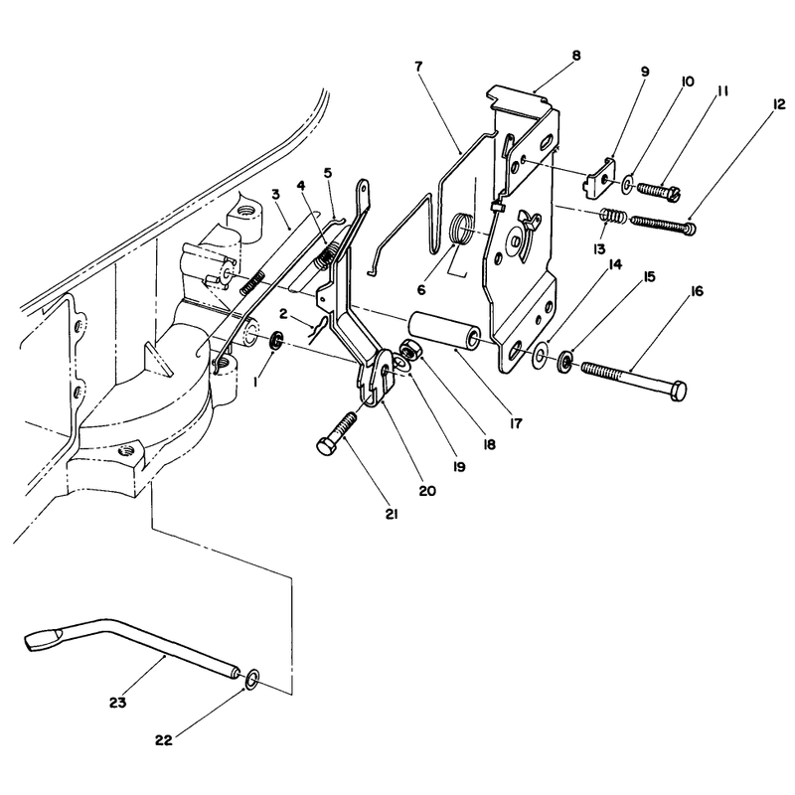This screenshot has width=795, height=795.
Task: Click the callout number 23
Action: coord(117,704)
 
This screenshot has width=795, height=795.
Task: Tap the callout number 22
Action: coord(164,740)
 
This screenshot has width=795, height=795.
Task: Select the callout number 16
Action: coord(697,291)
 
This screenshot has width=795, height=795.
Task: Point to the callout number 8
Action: coord(576,56)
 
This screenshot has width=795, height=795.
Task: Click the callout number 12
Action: coord(778,104)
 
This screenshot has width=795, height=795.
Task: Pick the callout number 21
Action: coord(392,514)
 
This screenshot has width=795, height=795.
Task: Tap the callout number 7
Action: coord(418,67)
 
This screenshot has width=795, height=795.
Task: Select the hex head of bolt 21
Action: coord(325,446)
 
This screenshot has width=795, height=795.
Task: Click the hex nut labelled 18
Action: coord(408,349)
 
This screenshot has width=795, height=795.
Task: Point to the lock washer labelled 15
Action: coord(565,361)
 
